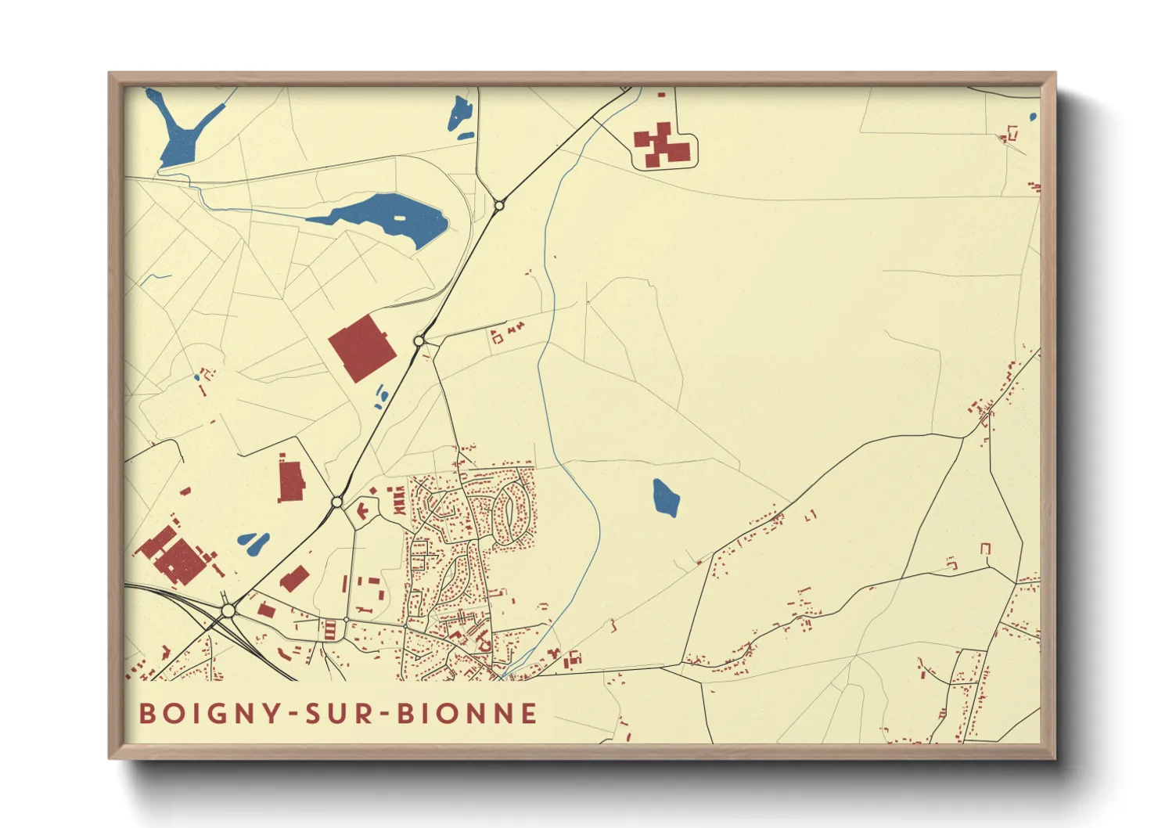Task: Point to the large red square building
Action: click(x=361, y=348)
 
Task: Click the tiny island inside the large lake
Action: click(x=401, y=218)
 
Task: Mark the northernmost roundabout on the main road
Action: click(x=499, y=206)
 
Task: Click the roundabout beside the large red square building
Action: click(x=419, y=341)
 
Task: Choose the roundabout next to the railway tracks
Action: click(x=228, y=610)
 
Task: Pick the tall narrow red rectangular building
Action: click(x=291, y=481)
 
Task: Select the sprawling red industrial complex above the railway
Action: click(x=176, y=554)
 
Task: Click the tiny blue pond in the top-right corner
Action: click(x=1033, y=117)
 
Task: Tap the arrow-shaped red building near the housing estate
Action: click(x=363, y=510)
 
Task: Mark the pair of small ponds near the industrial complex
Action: click(x=254, y=542)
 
